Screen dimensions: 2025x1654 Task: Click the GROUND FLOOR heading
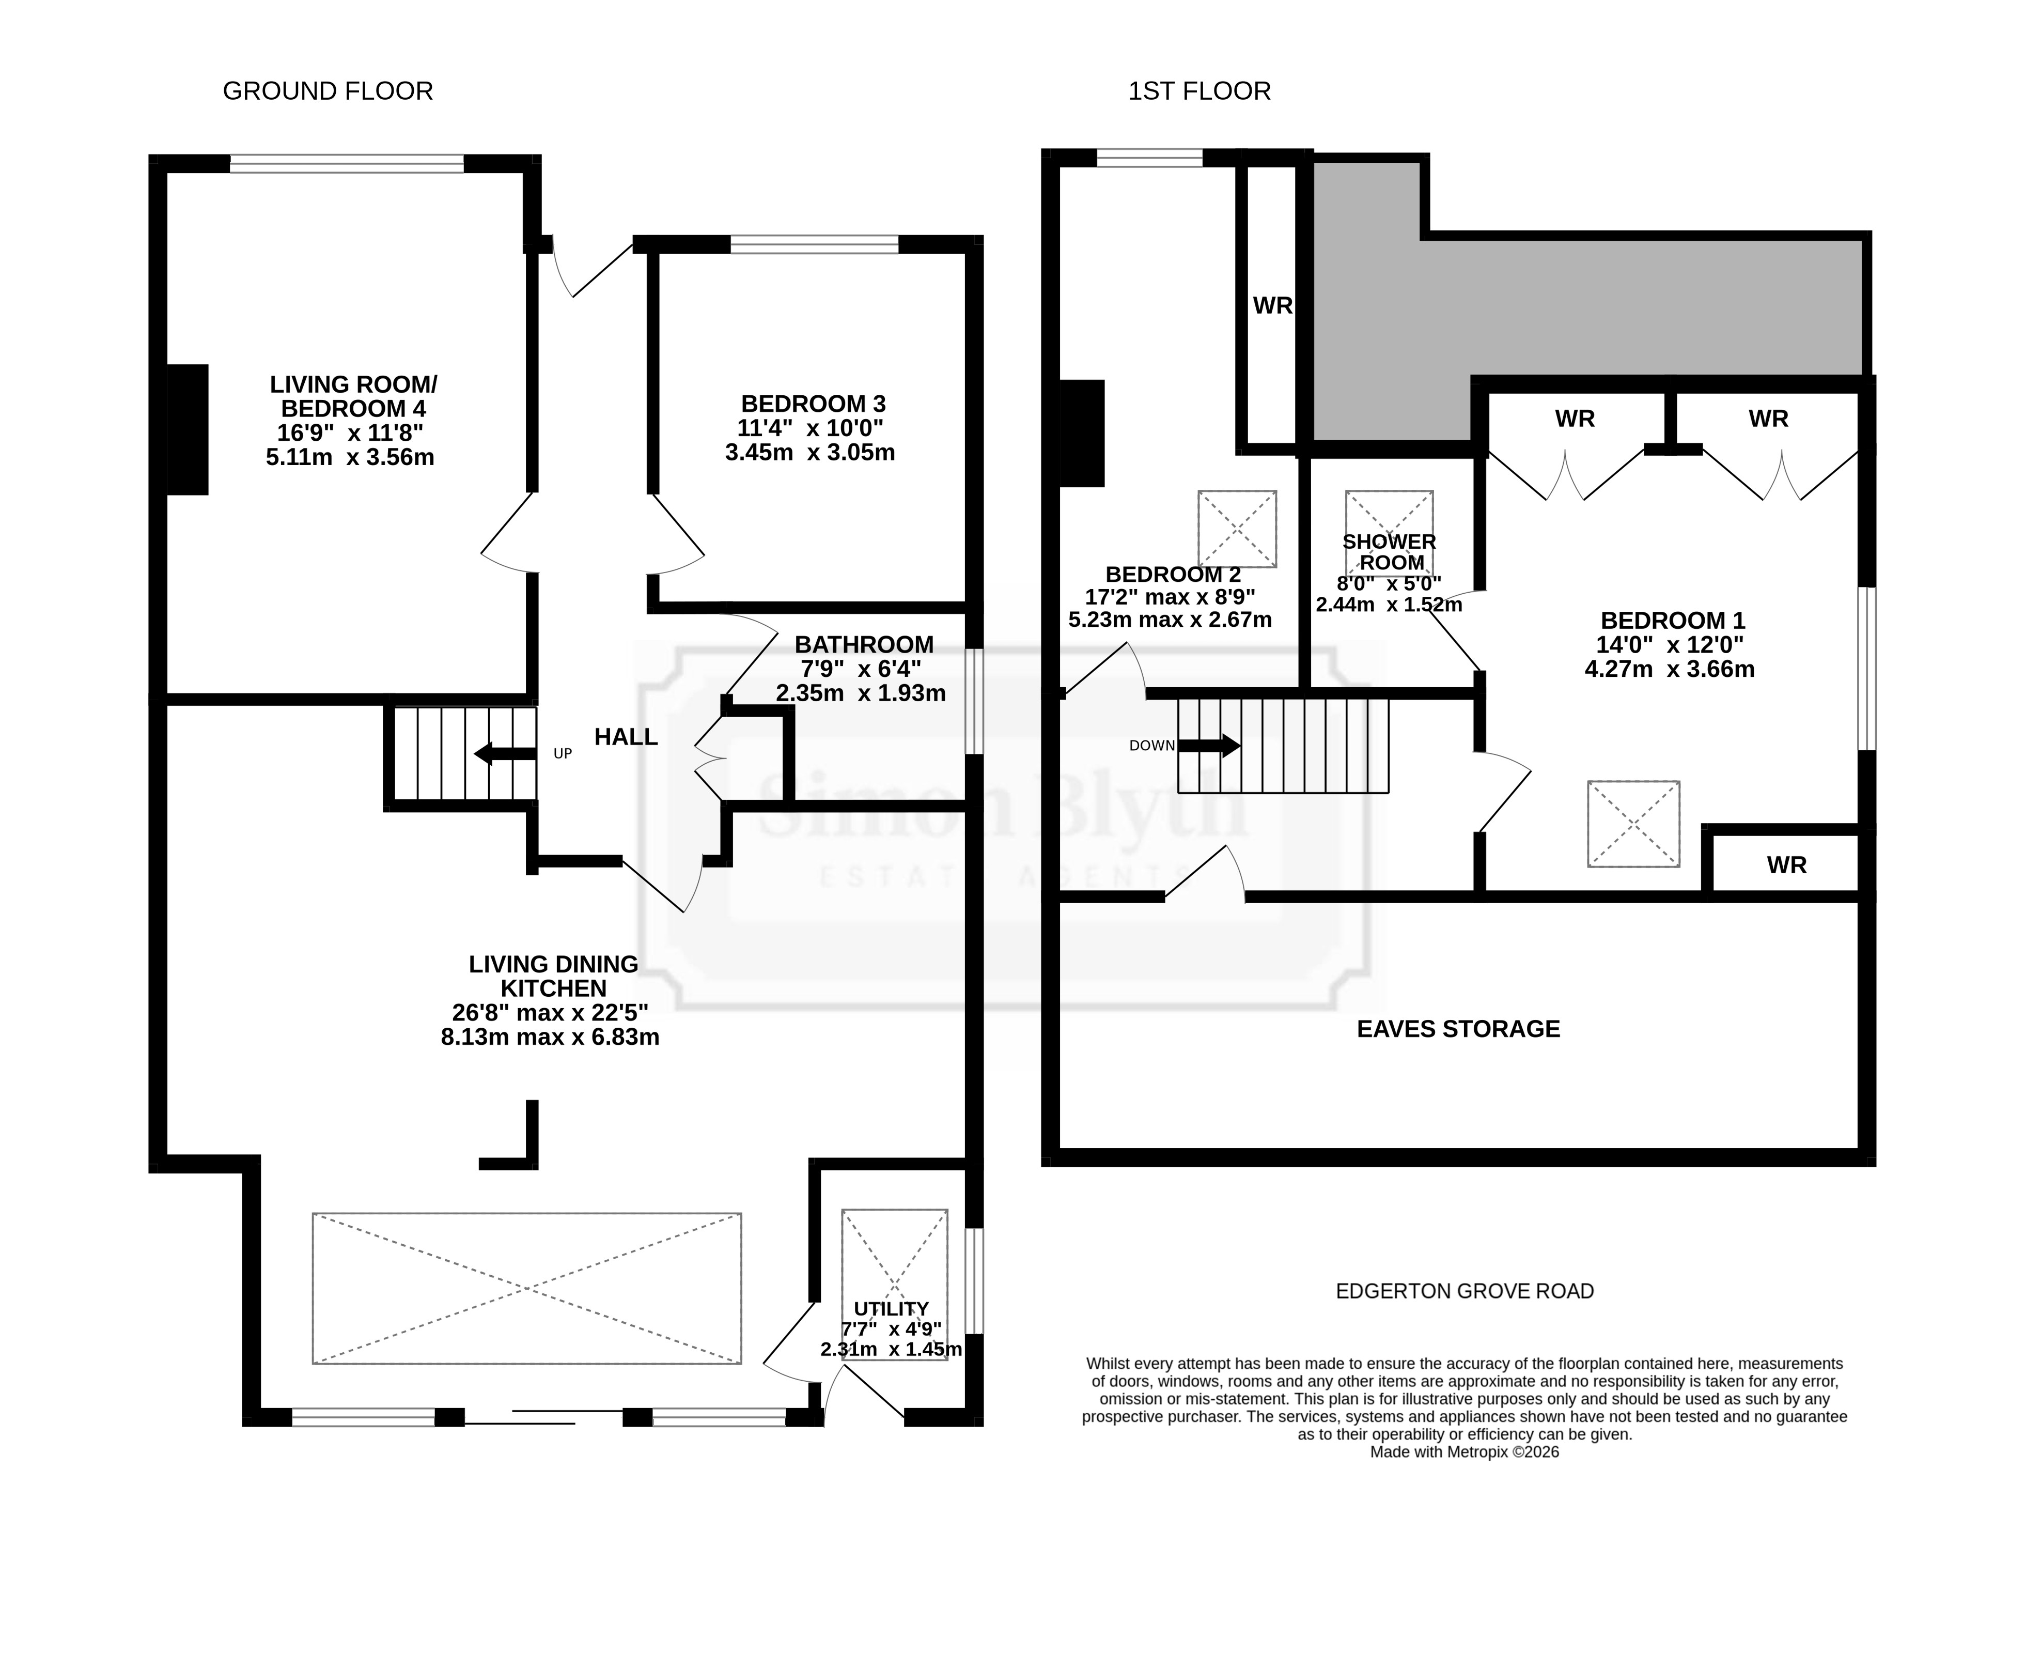pos(328,91)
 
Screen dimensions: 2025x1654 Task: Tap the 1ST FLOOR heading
pos(1199,91)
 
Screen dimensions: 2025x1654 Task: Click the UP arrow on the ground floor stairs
pos(505,754)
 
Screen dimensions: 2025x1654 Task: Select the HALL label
pos(626,736)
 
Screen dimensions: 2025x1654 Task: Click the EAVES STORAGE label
pos(1458,1029)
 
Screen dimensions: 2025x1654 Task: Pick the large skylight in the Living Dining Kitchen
pos(527,1288)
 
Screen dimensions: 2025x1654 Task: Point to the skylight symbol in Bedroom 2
pos(1237,529)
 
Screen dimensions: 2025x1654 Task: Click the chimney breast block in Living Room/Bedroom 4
pos(188,430)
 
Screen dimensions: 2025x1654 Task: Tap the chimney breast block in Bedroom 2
pos(1082,434)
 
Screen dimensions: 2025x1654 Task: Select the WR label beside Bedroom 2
pos(1272,306)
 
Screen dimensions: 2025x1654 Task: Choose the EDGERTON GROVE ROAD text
pos(1465,1291)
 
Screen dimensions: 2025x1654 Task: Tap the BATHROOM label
pos(864,645)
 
